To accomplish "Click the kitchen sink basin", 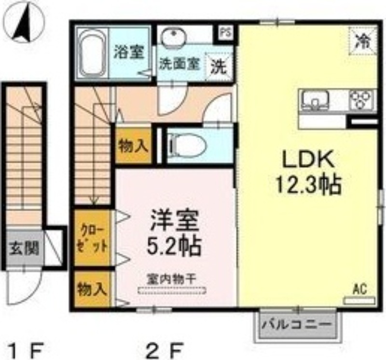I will [316, 101].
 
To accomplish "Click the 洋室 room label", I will [174, 223].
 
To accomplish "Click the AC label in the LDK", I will [359, 290].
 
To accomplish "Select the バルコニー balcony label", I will [297, 324].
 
